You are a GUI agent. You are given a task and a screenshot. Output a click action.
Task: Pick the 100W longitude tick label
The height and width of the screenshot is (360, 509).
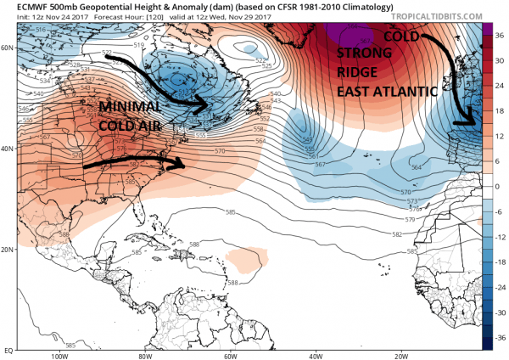(58, 355)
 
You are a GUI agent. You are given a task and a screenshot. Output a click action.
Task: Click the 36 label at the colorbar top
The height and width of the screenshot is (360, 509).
(499, 36)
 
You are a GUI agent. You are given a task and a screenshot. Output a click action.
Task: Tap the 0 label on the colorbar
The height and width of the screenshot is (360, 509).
(497, 186)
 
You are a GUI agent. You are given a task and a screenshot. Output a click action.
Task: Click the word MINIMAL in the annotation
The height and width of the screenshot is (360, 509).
(127, 108)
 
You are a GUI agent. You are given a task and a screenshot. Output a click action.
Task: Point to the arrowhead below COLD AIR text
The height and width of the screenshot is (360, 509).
(182, 164)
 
